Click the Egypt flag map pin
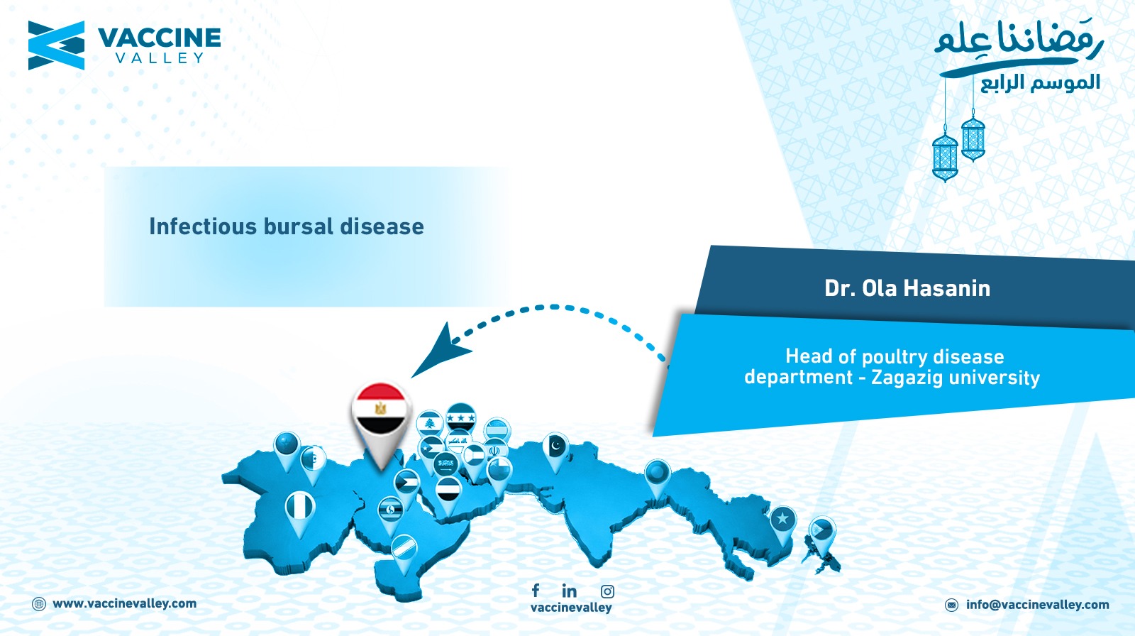(381, 416)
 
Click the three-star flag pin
(460, 418)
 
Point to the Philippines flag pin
(822, 534)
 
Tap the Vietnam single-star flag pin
(783, 522)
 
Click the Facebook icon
(536, 590)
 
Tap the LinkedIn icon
(569, 591)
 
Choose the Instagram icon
(607, 591)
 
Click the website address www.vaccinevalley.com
(125, 603)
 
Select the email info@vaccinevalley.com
(1038, 605)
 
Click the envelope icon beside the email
(951, 605)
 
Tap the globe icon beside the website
(39, 604)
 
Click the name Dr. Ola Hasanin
(907, 288)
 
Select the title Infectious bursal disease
(287, 226)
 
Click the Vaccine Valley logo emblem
(56, 45)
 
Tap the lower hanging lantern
(945, 155)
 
